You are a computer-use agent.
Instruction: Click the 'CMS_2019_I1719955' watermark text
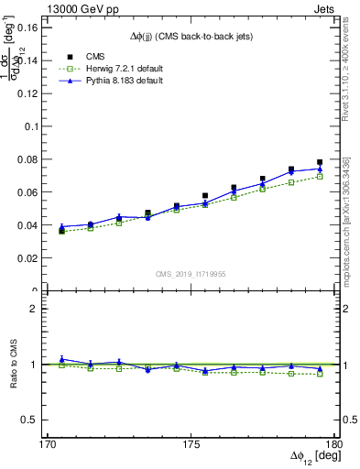coord(191,273)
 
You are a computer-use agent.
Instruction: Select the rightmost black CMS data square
coord(320,162)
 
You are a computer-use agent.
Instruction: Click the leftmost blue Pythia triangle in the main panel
coord(61,226)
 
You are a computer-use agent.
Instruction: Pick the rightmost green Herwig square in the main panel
coord(320,176)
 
